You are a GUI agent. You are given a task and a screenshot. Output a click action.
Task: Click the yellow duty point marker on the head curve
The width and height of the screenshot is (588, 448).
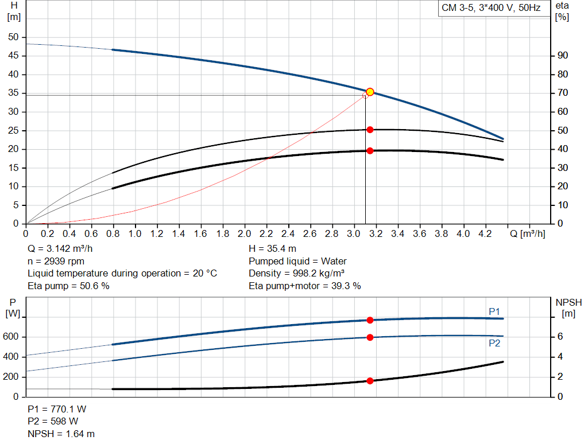(x=370, y=92)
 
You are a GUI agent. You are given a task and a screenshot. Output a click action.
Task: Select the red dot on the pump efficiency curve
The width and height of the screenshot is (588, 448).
(x=370, y=130)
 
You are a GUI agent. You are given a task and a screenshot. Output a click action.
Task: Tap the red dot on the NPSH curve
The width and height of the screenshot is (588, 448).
(x=370, y=381)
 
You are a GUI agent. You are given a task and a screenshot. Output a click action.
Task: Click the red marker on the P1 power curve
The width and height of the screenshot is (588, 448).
(x=370, y=320)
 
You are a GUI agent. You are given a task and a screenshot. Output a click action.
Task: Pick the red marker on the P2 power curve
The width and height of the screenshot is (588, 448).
(x=370, y=337)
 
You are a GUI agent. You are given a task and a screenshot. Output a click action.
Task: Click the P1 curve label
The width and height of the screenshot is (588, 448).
(x=494, y=311)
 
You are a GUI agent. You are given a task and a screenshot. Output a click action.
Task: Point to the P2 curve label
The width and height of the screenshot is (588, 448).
(x=494, y=343)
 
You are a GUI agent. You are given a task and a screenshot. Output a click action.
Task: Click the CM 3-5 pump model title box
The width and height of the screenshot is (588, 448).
(x=490, y=8)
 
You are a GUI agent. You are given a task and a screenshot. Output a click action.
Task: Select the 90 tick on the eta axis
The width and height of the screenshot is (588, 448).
(x=563, y=56)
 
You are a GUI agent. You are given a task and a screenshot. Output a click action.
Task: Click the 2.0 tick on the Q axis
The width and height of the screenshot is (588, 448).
(x=245, y=234)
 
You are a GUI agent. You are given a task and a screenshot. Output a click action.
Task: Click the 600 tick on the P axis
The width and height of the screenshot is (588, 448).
(x=13, y=337)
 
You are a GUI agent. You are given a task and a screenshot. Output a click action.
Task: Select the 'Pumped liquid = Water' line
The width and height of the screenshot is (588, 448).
(x=297, y=261)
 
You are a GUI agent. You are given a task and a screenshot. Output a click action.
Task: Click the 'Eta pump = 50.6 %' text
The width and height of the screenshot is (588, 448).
(x=68, y=285)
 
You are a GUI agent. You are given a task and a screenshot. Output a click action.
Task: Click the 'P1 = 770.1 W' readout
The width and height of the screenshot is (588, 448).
(x=57, y=410)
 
